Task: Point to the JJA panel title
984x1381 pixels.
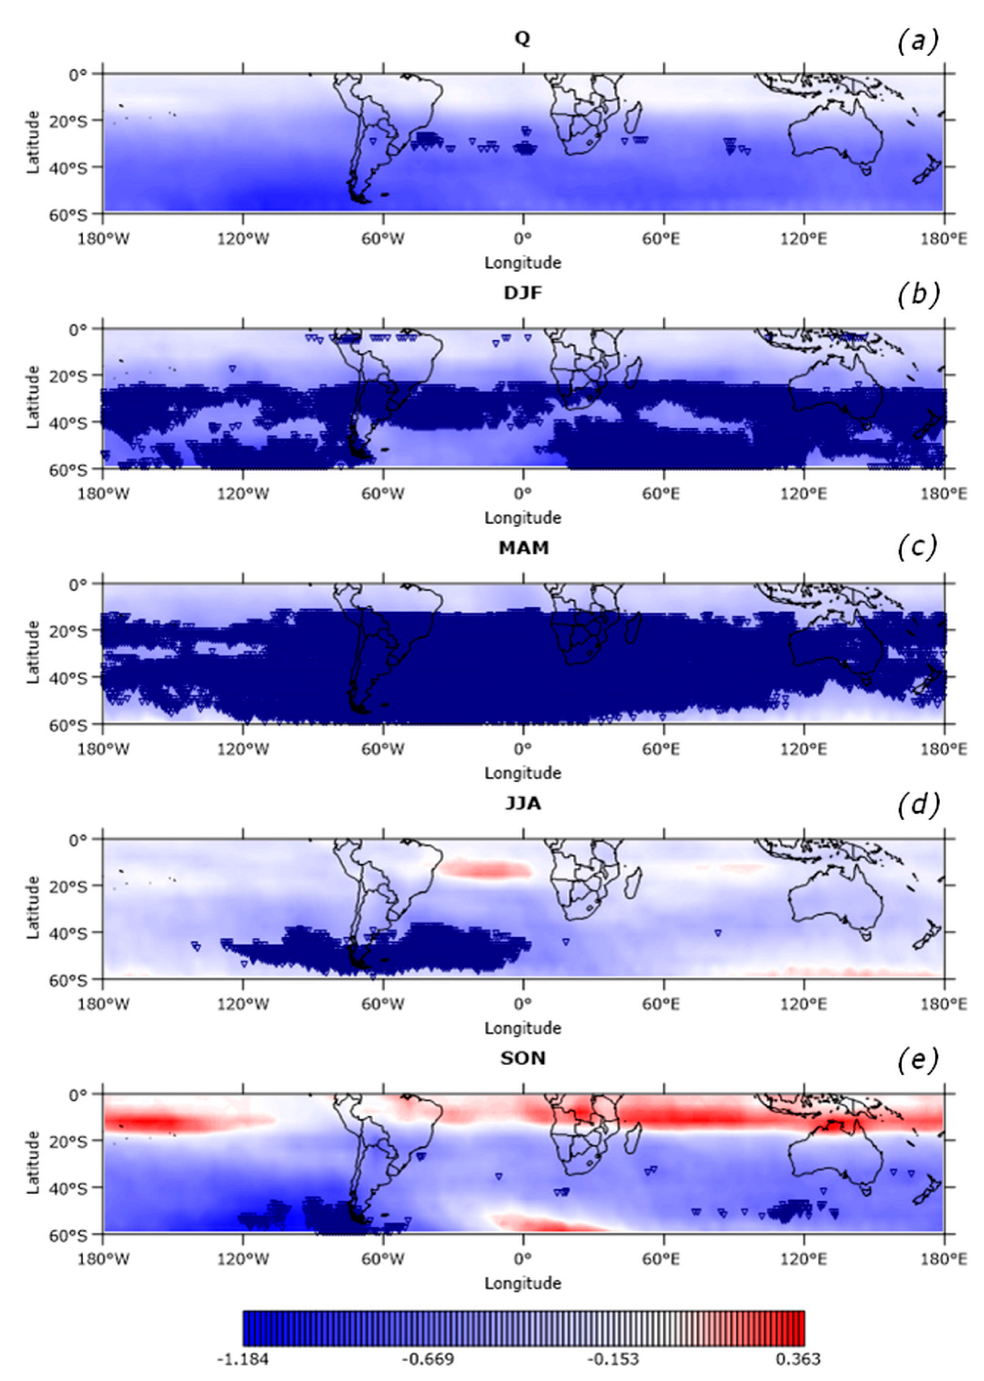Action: point(522,803)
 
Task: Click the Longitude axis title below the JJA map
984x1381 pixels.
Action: point(522,1028)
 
